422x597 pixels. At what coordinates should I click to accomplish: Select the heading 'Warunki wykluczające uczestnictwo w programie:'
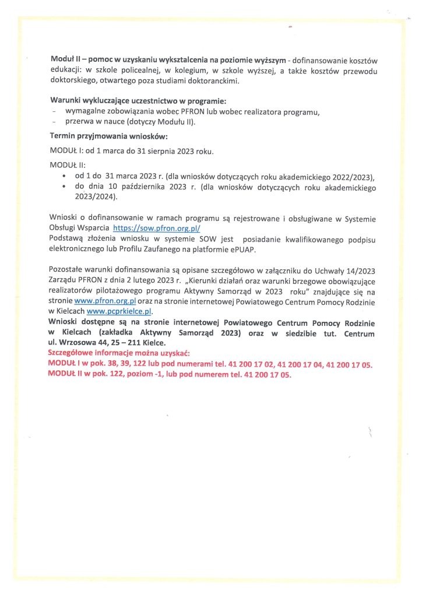(x=133, y=101)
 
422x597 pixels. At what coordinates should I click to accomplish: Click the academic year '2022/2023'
(x=351, y=177)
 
